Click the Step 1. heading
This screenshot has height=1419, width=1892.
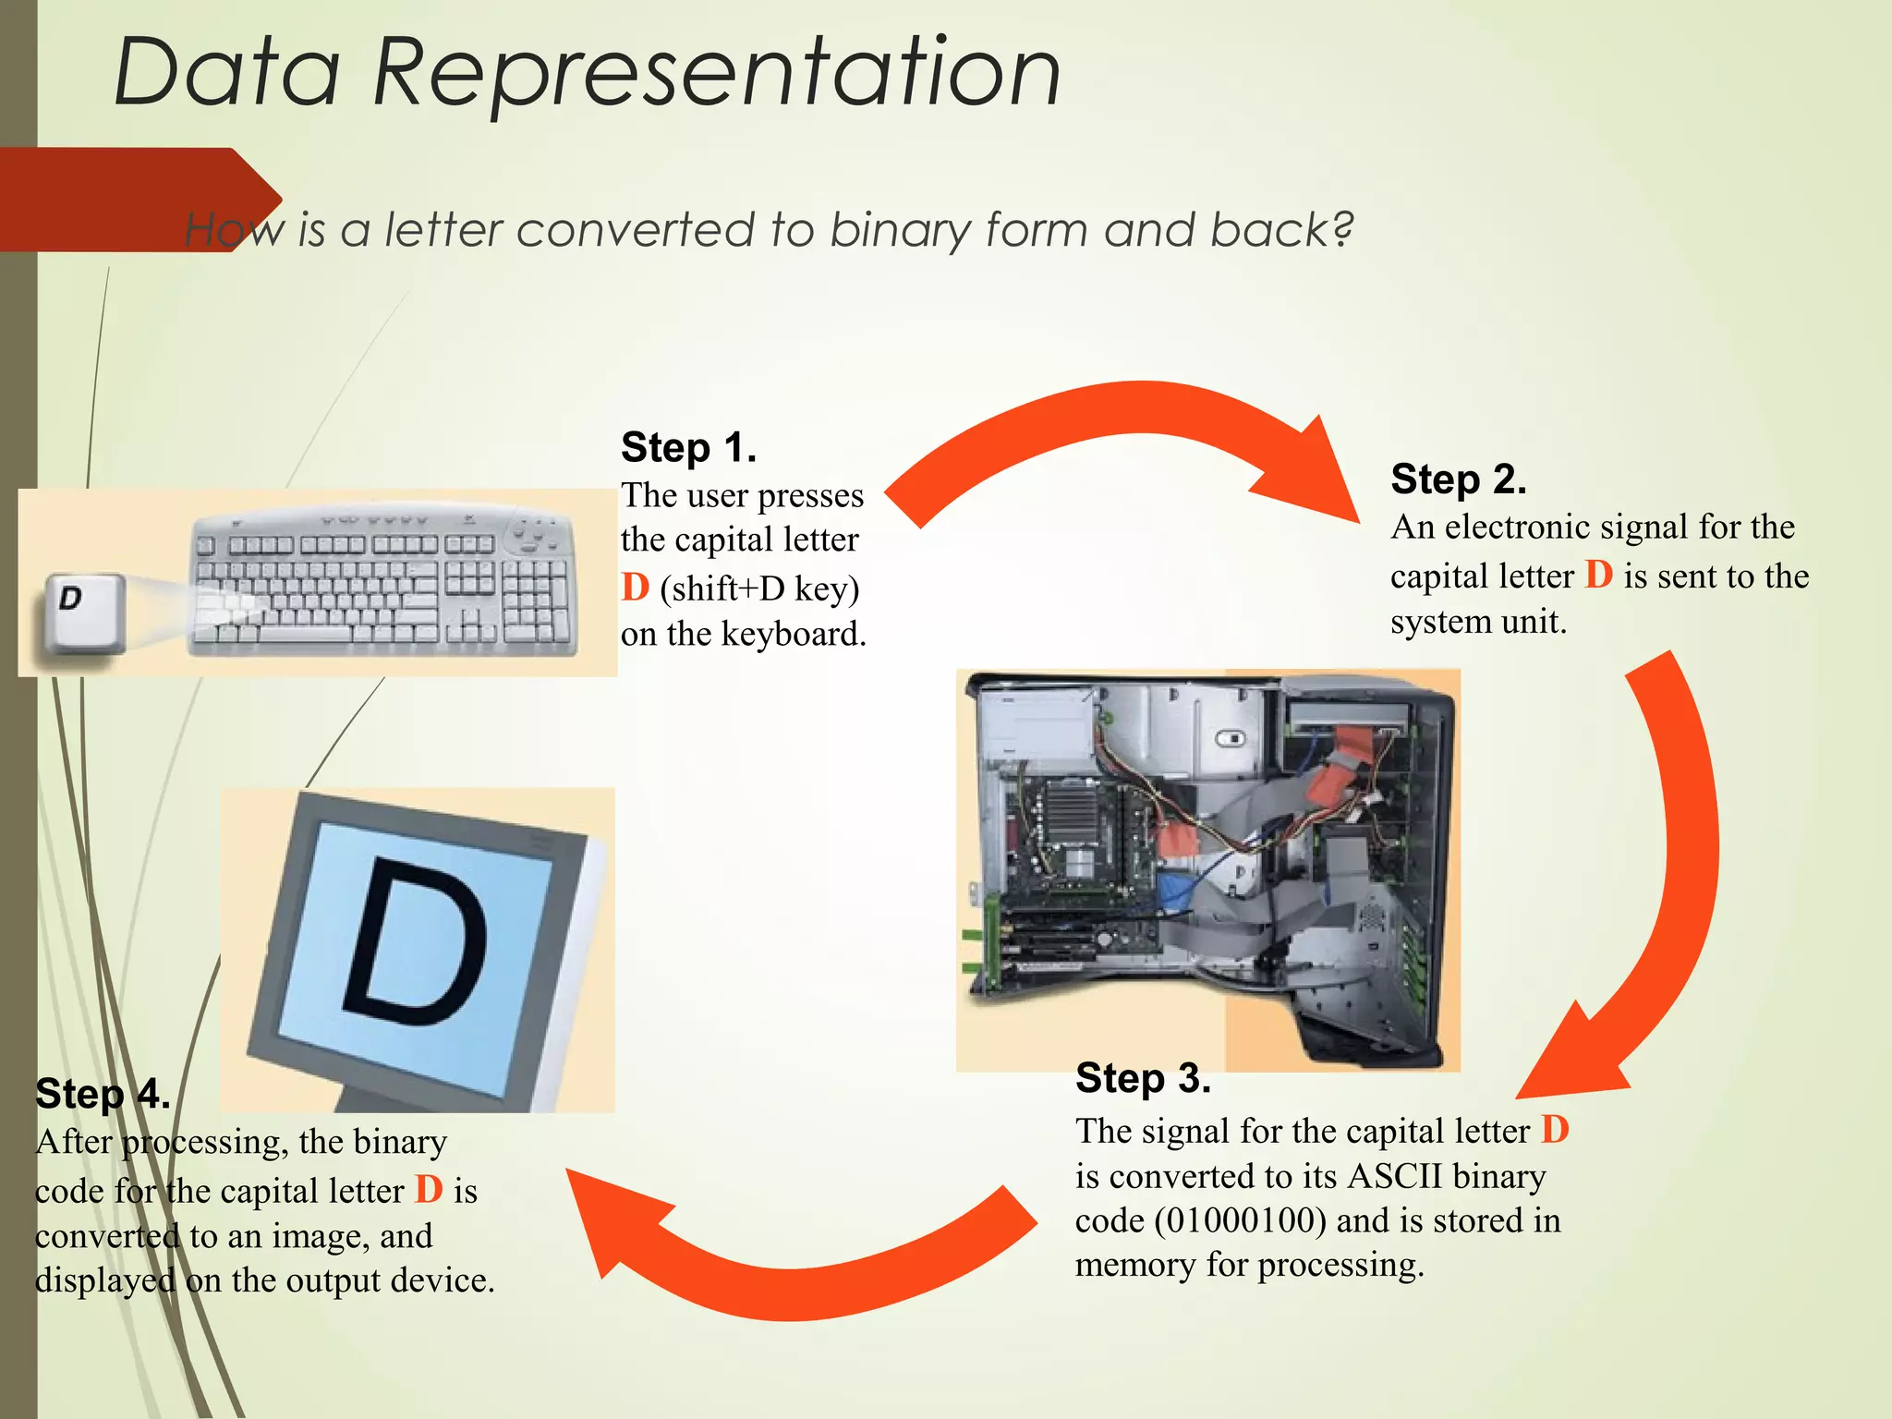click(x=688, y=447)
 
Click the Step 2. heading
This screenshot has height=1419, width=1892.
click(x=1458, y=479)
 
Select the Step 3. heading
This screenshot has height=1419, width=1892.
click(x=1143, y=1078)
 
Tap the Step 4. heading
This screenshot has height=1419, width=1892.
click(x=103, y=1094)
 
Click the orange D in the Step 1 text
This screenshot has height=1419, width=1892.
click(x=636, y=588)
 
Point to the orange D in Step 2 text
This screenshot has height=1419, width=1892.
click(x=1598, y=575)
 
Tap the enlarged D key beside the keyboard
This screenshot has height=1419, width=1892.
click(x=81, y=611)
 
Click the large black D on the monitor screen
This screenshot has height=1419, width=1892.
click(x=416, y=942)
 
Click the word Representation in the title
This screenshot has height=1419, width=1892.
click(x=716, y=72)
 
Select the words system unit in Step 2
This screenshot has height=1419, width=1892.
click(x=1477, y=622)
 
